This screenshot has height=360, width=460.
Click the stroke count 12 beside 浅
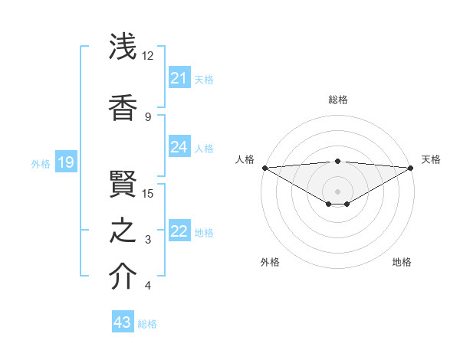pyautogui.click(x=147, y=56)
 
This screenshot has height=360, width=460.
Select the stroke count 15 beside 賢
pyautogui.click(x=148, y=193)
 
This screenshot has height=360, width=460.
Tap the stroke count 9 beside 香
pyautogui.click(x=148, y=116)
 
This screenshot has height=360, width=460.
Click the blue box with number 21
pyautogui.click(x=179, y=78)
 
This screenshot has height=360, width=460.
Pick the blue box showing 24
pyautogui.click(x=179, y=147)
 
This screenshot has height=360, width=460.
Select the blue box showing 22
pyautogui.click(x=179, y=232)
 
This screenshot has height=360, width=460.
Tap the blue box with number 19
pyautogui.click(x=65, y=162)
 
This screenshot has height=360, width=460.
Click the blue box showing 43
pyautogui.click(x=123, y=322)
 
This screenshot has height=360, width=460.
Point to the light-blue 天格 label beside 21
pyautogui.click(x=204, y=79)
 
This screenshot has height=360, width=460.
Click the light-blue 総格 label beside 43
pyautogui.click(x=147, y=323)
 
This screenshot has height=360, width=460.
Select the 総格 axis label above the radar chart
pyautogui.click(x=338, y=100)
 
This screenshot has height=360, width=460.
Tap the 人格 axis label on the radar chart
pyautogui.click(x=245, y=159)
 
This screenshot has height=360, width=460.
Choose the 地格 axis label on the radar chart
pyautogui.click(x=402, y=262)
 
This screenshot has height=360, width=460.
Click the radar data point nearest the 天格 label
pyautogui.click(x=411, y=168)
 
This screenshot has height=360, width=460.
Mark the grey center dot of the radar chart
pyautogui.click(x=337, y=190)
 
